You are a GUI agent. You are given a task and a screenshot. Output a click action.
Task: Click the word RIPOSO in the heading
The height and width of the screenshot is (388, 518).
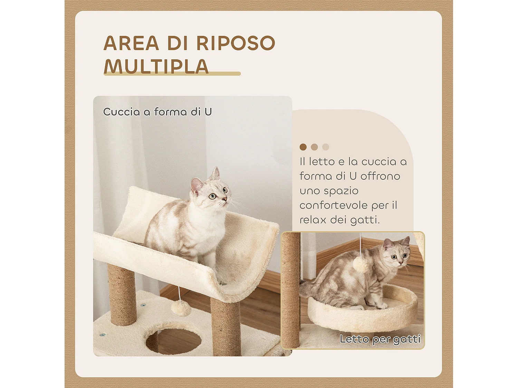click(x=236, y=43)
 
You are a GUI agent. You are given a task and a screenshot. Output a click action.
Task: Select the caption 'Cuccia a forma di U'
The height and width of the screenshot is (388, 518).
click(x=157, y=112)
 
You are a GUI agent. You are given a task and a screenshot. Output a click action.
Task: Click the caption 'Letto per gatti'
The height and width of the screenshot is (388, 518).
click(x=380, y=339)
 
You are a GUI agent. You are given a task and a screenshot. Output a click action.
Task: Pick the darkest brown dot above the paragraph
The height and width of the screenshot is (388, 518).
click(x=303, y=147)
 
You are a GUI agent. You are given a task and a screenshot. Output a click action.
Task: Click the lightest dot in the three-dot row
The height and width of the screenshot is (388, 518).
click(x=325, y=147)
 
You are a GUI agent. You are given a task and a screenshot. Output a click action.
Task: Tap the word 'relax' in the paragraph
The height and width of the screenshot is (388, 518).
click(x=313, y=220)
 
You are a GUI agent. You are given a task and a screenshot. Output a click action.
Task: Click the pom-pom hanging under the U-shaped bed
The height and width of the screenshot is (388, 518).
click(x=181, y=308)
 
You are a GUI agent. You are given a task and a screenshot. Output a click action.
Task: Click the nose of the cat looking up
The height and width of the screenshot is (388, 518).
click(x=224, y=199)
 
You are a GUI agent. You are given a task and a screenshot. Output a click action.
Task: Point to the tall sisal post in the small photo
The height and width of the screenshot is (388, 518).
click(x=291, y=290)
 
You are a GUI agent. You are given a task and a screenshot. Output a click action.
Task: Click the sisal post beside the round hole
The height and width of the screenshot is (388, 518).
click(x=226, y=326)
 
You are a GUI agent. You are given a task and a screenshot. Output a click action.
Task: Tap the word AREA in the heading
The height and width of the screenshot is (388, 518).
click(x=131, y=43)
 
